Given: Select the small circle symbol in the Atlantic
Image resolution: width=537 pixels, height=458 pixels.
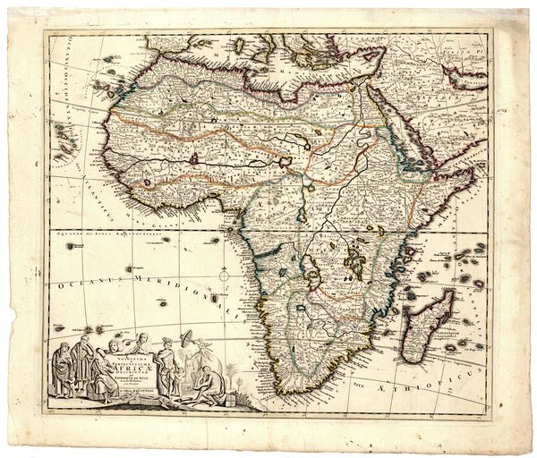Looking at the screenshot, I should pyautogui.click(x=225, y=276).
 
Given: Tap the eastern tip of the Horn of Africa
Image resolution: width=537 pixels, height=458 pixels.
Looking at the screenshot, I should pyautogui.click(x=473, y=170).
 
